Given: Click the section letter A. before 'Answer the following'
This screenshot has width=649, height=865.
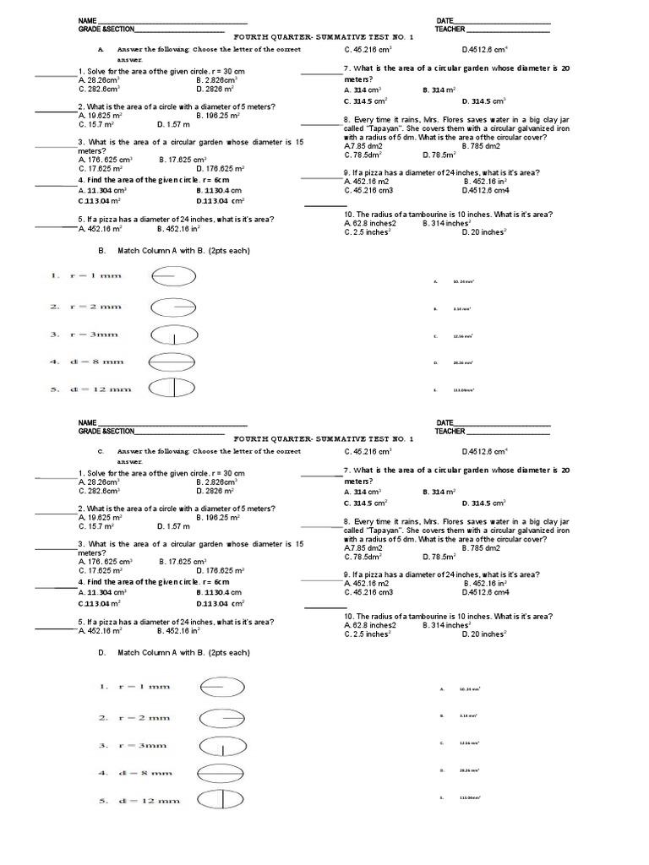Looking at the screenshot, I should click(100, 50).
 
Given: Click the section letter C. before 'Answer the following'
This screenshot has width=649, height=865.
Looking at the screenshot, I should click(100, 452).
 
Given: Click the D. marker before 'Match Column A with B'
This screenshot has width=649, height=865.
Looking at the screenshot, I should click(101, 653).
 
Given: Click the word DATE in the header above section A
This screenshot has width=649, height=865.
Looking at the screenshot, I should click(444, 20).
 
